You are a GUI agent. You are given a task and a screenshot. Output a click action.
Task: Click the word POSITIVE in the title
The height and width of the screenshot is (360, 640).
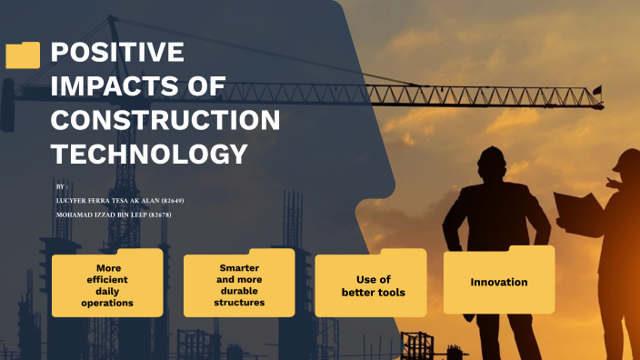[117, 53]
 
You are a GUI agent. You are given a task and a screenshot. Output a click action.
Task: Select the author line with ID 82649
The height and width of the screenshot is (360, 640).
[120, 200]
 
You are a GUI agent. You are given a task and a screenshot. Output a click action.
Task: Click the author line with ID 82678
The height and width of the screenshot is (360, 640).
[114, 215]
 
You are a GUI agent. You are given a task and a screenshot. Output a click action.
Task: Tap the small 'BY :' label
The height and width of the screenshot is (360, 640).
[62, 185]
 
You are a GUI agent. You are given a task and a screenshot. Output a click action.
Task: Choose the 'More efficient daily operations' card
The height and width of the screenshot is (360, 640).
[107, 285]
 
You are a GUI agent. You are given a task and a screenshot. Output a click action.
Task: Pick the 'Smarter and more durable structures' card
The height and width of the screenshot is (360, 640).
[239, 285]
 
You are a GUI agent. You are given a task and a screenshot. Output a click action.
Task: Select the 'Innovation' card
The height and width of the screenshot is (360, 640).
[499, 282]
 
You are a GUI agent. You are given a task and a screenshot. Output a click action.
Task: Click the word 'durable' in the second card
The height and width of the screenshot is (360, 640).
[239, 291]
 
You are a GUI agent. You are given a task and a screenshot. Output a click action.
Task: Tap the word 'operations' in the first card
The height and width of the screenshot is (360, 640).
[107, 303]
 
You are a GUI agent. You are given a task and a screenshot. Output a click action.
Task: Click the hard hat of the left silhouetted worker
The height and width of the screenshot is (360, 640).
[491, 156]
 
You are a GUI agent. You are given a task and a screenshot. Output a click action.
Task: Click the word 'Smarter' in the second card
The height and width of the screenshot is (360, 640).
[239, 268]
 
